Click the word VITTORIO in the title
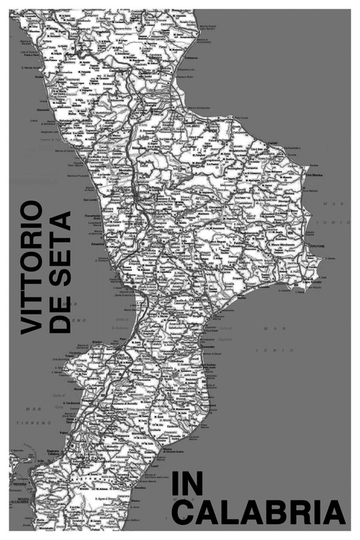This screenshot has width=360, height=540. pos(30,267)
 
